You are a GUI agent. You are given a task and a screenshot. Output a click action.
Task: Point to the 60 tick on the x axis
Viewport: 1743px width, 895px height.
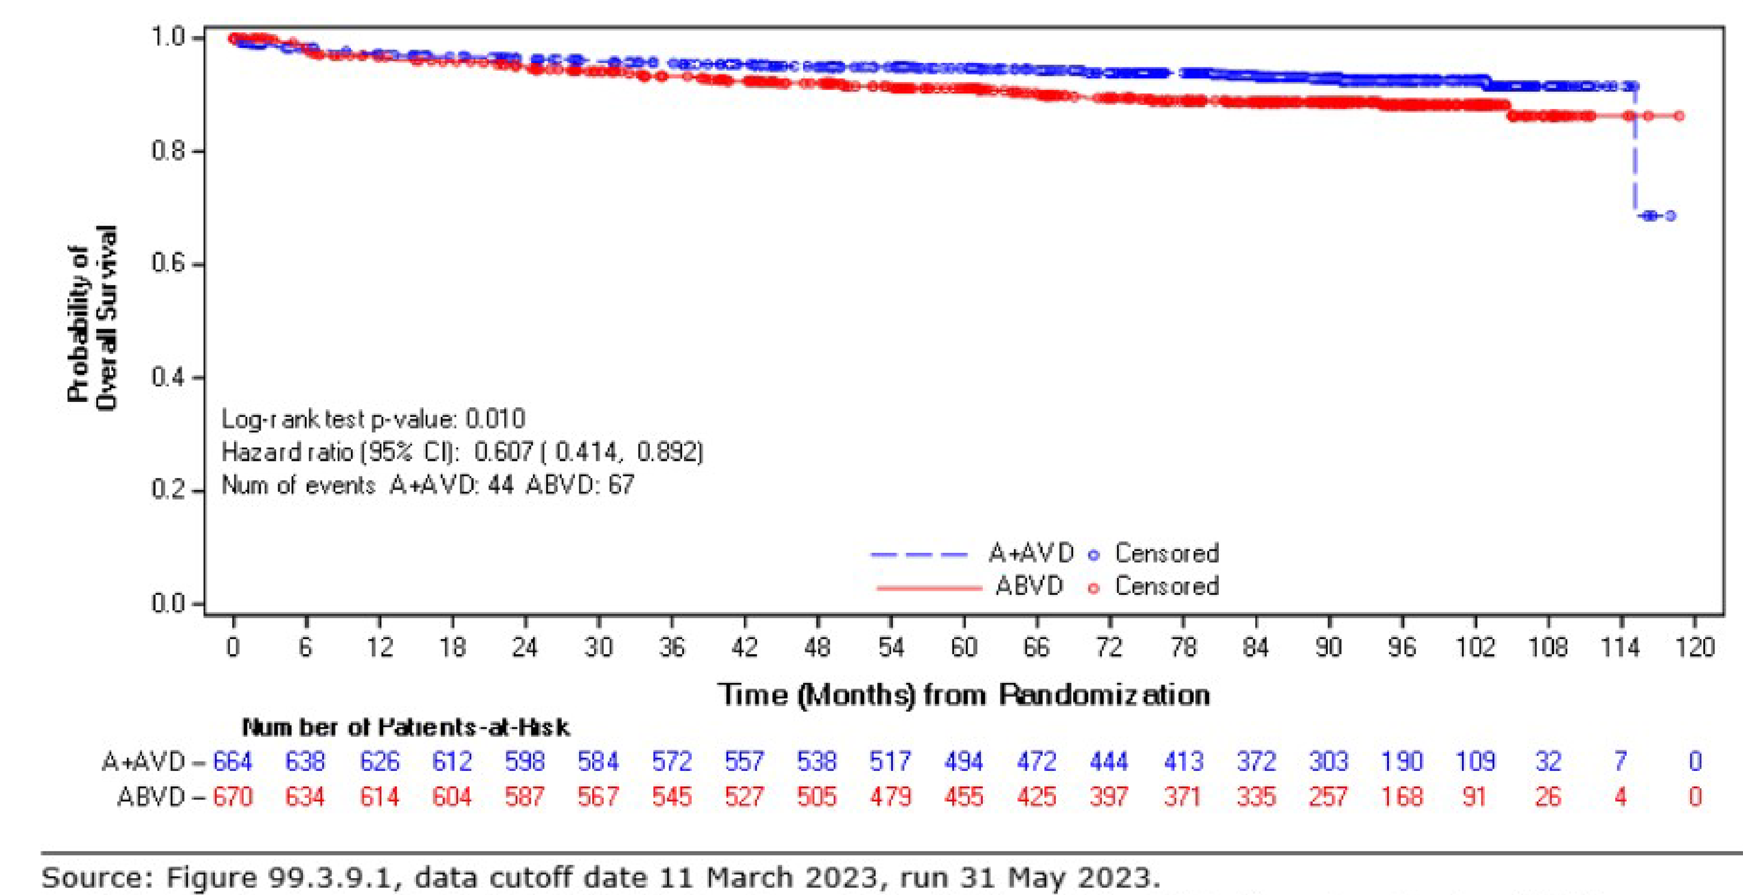[963, 648]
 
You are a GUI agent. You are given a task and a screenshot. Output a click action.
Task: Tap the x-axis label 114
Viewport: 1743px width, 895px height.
[1621, 648]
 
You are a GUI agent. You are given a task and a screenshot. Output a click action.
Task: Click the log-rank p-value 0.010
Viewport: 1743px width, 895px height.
[494, 419]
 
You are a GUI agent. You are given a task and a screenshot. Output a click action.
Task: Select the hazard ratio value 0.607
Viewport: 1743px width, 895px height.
[504, 452]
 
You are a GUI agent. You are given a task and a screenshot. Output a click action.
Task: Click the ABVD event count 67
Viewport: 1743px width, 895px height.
[621, 485]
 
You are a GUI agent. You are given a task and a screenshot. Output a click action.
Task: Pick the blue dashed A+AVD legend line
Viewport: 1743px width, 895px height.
[919, 554]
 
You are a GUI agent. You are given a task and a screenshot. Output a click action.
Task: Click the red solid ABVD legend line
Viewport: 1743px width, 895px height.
[928, 587]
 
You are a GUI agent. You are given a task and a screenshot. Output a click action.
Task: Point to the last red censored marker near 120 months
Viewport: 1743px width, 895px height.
[1679, 116]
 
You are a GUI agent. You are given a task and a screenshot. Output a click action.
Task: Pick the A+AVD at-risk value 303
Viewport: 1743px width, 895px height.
[1328, 762]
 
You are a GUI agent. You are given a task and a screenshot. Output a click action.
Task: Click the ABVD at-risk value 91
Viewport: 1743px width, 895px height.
[1474, 797]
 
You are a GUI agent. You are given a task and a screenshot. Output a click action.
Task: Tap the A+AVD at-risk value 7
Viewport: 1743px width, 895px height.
[1621, 762]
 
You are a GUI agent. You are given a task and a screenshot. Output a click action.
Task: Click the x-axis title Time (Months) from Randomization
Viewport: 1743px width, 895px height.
[963, 695]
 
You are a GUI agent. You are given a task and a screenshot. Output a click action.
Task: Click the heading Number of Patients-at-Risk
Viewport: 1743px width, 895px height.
[406, 728]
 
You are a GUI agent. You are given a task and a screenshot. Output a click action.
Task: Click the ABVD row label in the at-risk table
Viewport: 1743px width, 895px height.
[150, 797]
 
